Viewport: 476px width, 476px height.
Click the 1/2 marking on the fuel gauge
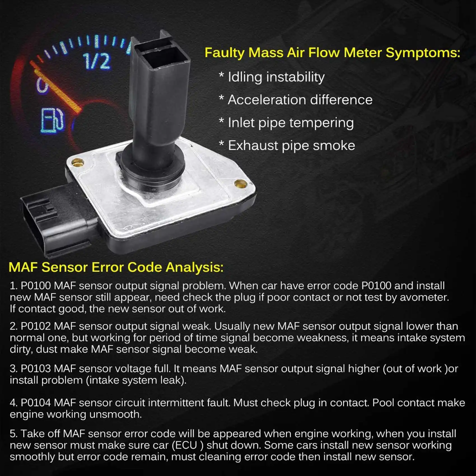pos(97,61)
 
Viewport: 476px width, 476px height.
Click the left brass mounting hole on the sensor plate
pos(78,162)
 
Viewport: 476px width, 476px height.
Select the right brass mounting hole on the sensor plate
pos(240,183)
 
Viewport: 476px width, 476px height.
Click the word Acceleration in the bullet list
pos(266,100)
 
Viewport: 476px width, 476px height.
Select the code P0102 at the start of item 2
pos(36,326)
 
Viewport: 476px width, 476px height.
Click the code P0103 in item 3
pos(36,368)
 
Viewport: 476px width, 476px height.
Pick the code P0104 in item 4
pos(36,403)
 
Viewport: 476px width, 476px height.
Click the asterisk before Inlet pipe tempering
pos(221,121)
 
